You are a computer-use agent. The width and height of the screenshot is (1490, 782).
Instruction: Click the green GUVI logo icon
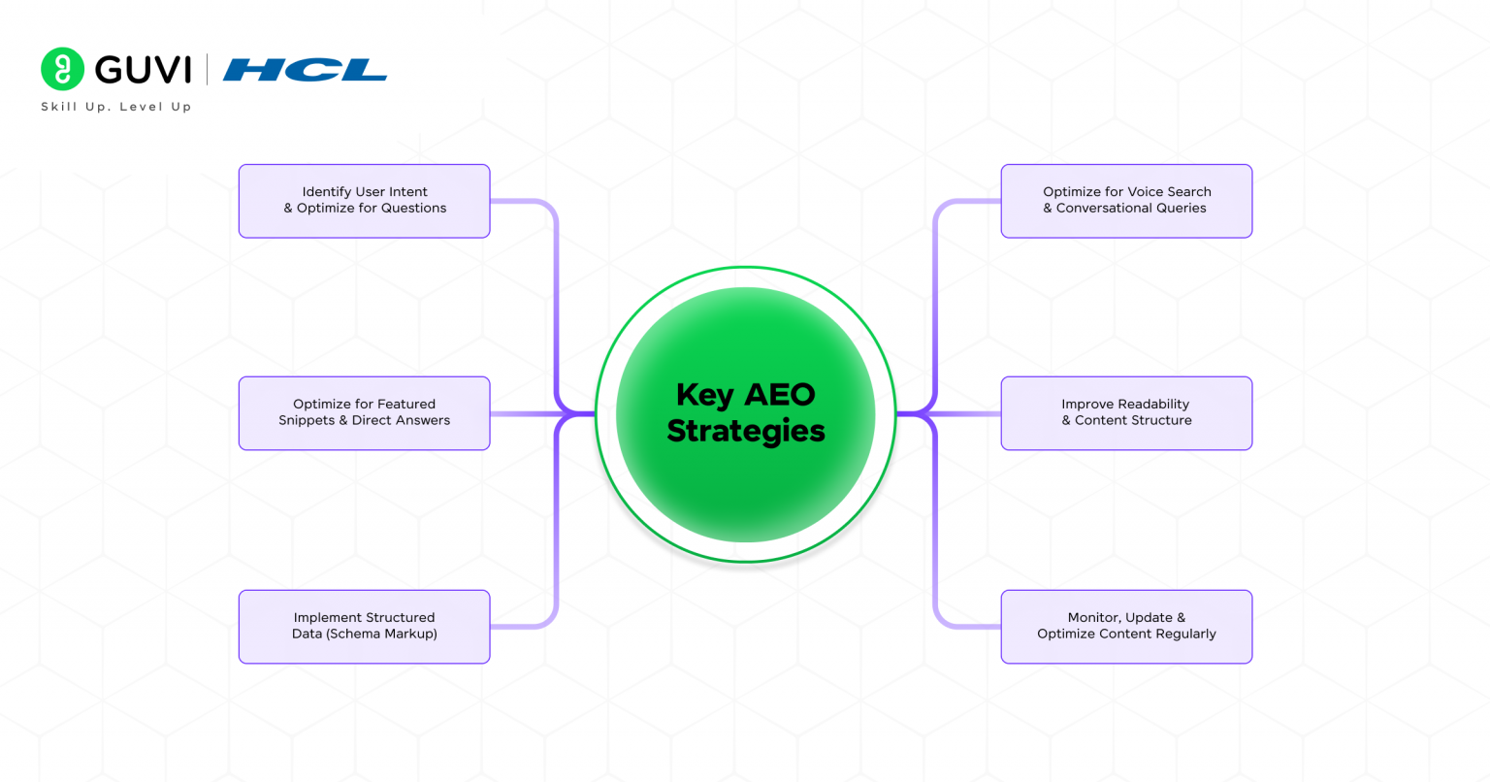[x=63, y=70]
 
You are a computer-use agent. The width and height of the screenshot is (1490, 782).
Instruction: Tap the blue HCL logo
[x=305, y=70]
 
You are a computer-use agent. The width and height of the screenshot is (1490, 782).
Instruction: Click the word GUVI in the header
[x=144, y=70]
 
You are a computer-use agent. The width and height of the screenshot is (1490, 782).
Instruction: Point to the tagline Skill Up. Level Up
[x=116, y=107]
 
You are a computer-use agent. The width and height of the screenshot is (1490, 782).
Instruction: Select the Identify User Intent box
[x=364, y=201]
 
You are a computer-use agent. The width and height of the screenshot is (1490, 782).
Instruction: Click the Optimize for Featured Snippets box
[x=364, y=413]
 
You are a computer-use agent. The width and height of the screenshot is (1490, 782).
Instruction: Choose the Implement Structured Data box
[x=364, y=627]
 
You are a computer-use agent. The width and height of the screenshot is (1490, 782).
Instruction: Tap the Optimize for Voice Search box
[x=1126, y=201]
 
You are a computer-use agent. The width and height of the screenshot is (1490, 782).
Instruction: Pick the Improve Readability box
[x=1126, y=413]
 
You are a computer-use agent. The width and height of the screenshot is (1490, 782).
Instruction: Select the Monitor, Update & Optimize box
[x=1126, y=627]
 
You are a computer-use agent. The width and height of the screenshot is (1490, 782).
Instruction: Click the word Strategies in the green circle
[x=746, y=431]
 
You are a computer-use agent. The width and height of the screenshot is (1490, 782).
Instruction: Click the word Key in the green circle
[x=704, y=395]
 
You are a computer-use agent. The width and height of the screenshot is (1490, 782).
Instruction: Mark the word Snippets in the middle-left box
[x=307, y=421]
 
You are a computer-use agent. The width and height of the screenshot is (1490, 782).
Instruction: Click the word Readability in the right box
[x=1152, y=405]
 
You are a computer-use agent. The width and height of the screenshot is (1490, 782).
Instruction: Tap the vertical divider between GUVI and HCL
[x=207, y=70]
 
